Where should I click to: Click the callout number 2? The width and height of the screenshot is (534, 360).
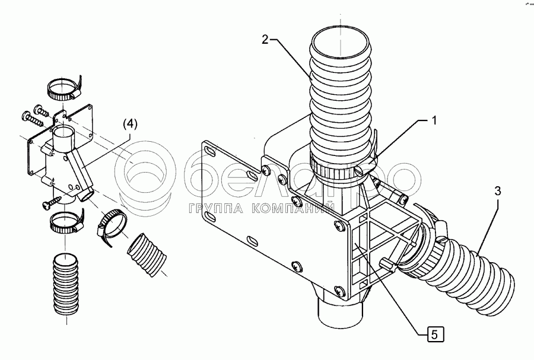pyautogui.click(x=266, y=40)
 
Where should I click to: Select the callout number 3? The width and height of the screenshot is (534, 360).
pyautogui.click(x=498, y=192)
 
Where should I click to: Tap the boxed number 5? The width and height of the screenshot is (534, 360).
pyautogui.click(x=434, y=335)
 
